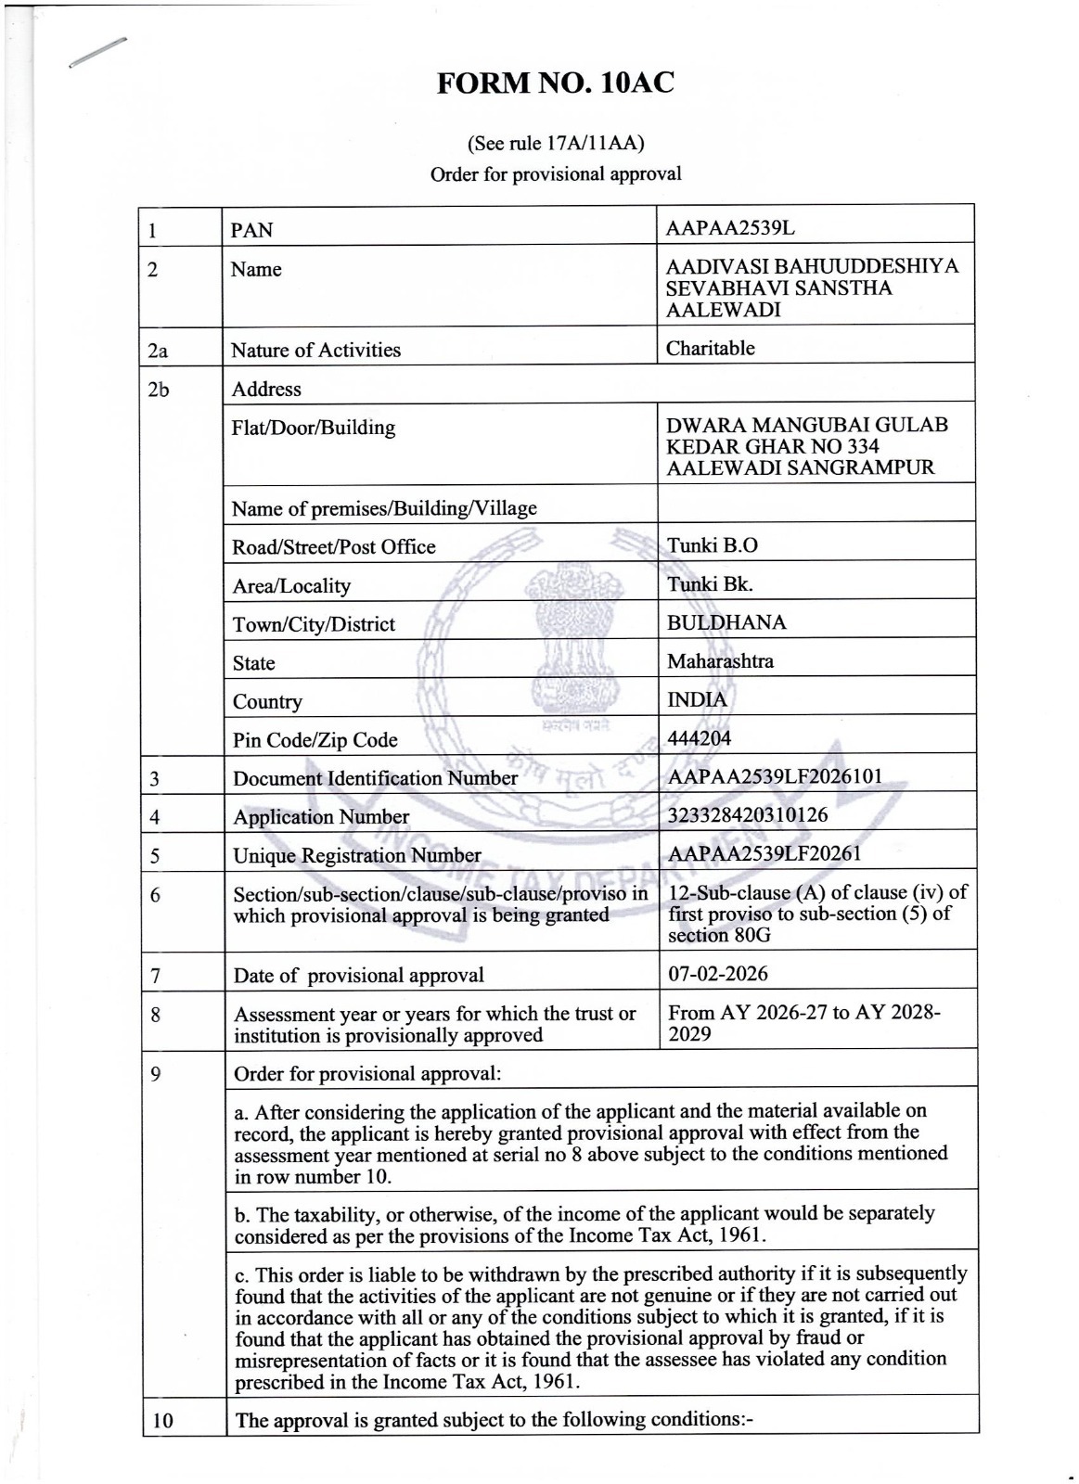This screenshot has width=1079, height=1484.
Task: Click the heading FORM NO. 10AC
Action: coord(556,83)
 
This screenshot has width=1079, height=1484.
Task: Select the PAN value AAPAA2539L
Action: coord(731,228)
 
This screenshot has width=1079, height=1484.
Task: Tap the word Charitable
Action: coord(710,348)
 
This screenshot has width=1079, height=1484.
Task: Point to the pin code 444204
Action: coord(699,738)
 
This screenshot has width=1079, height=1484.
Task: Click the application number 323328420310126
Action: coord(748,815)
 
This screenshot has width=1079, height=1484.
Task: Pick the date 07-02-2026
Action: coord(717,973)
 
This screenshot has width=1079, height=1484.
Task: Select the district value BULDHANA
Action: coord(726,622)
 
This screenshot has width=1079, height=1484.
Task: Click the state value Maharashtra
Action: coord(720,661)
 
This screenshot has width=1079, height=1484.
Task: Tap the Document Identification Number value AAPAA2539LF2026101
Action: coord(775,776)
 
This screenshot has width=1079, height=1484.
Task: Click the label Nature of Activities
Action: coord(315,350)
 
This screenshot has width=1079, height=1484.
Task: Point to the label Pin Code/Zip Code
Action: coord(315,740)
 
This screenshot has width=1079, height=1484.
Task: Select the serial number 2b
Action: coord(159,389)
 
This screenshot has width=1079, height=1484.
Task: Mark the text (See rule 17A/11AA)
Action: coord(556,144)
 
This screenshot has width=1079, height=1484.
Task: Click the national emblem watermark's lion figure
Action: coord(563,631)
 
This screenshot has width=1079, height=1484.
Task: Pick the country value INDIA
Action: coord(697,699)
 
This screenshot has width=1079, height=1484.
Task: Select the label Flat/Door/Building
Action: coord(313,428)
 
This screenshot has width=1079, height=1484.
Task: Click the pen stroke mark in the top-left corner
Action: coord(96,52)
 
